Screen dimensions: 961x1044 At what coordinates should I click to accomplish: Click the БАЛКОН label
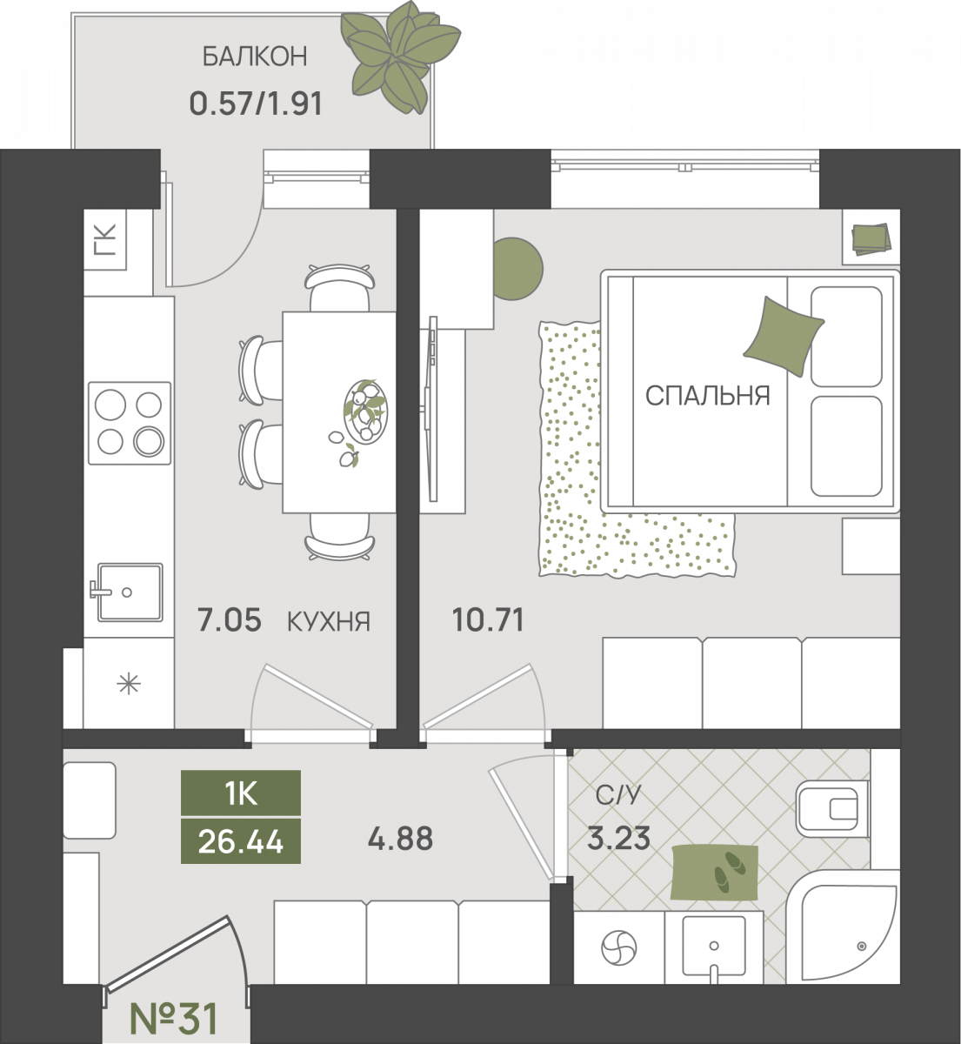coord(255,57)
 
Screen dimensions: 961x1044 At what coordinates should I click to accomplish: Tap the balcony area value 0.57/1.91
coord(256,104)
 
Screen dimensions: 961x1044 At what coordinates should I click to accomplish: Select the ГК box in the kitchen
coord(105,239)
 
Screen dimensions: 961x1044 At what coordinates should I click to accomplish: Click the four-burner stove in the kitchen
coord(130,423)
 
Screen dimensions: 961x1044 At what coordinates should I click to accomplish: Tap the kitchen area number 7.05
coord(229,621)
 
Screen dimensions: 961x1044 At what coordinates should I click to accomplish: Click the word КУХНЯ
coord(329,621)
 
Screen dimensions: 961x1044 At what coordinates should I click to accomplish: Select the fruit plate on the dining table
coord(364,412)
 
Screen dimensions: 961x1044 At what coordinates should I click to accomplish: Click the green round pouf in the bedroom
coord(517,269)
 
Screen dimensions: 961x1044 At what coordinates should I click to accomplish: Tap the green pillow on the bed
coord(783,336)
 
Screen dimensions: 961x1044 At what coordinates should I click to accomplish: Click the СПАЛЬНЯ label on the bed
coord(708,396)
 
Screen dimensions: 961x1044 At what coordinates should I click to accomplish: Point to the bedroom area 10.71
coord(488,620)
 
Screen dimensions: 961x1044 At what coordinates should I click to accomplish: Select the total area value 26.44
coord(241,842)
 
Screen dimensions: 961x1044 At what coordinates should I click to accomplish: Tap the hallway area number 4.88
coord(400,839)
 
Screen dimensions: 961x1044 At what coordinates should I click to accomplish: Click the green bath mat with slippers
coord(714,873)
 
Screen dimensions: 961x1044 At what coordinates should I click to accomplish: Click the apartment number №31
coord(173,1019)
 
